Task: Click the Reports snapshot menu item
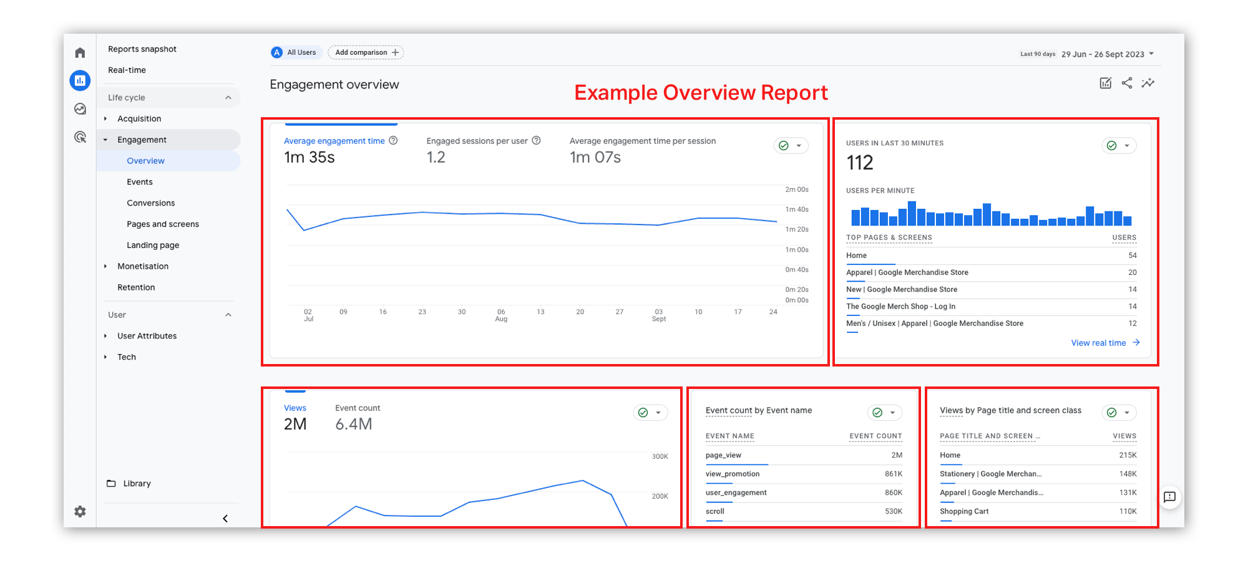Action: coord(142,49)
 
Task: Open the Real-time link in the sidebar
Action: coord(127,70)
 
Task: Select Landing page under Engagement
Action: coord(153,246)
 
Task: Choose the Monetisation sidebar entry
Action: coord(143,266)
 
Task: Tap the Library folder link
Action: coord(137,484)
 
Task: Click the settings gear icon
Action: coord(80,512)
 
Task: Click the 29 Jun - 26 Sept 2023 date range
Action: coord(1103,54)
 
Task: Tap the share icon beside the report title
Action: coord(1126,83)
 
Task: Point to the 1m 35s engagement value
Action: coord(310,158)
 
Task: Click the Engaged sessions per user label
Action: coord(477,141)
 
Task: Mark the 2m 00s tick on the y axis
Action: coord(796,189)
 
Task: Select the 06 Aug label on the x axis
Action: coord(501,315)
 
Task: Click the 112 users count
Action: coord(860,163)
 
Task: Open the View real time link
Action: coord(1099,343)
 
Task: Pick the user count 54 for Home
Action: coord(1132,256)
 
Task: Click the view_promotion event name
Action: coord(733,474)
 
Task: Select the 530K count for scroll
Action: coord(894,512)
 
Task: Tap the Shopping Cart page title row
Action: coord(964,512)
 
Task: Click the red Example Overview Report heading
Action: coord(701,93)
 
